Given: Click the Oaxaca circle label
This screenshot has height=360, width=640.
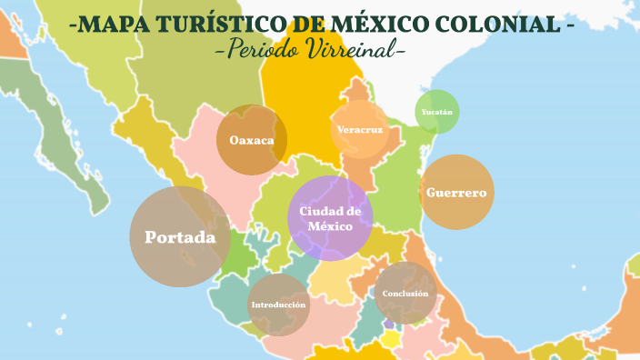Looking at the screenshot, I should (252, 140).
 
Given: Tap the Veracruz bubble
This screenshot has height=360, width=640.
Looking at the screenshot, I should (359, 129).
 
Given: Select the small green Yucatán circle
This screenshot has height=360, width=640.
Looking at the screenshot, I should (437, 113).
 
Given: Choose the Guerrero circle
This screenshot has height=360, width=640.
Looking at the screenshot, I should (456, 193).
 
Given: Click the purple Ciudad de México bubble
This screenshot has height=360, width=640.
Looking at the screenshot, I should (330, 218).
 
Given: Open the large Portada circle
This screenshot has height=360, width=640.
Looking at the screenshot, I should (180, 237).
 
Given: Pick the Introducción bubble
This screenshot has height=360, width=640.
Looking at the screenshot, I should (278, 305).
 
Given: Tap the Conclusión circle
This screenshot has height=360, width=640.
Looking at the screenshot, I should (405, 294).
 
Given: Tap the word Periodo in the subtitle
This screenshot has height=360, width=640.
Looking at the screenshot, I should (261, 49).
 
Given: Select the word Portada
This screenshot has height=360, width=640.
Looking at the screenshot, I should (180, 237).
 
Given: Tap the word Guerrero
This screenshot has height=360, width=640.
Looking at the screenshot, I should (456, 193).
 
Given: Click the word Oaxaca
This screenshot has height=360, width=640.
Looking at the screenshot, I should (252, 140).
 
